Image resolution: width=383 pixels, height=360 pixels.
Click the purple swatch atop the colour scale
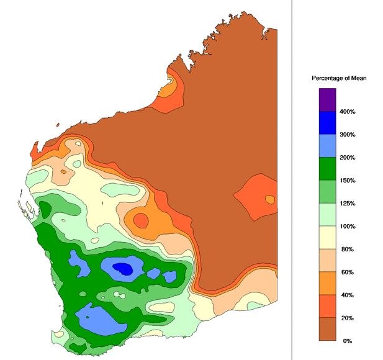pyautogui.click(x=327, y=100)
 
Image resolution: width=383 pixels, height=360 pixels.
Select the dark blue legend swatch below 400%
pyautogui.click(x=327, y=123)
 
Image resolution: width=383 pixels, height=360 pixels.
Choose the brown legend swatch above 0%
pyautogui.click(x=327, y=330)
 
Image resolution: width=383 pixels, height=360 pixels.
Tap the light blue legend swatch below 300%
pyautogui.click(x=327, y=146)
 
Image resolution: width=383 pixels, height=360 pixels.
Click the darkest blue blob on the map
pyautogui.click(x=124, y=269)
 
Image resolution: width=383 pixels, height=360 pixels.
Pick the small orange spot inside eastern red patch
pyautogui.click(x=270, y=199)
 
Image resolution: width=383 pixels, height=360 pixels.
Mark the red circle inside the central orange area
pyautogui.click(x=141, y=220)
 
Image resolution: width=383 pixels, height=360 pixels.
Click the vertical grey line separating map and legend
pyautogui.click(x=292, y=180)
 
